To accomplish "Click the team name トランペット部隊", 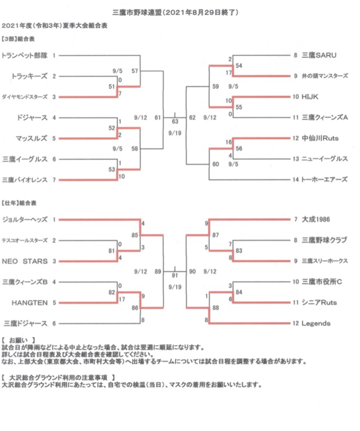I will pos(24,55).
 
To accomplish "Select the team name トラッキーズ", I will pos(29,76).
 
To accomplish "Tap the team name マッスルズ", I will pos(31,138).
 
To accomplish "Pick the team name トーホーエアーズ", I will pos(324,179).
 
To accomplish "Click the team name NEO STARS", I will pos(25,261).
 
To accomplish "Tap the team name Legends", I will pos(316,324).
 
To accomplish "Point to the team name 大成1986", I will pos(318,219).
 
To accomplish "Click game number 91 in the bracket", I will pos(175,275).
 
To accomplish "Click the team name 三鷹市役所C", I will pos(322,282).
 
